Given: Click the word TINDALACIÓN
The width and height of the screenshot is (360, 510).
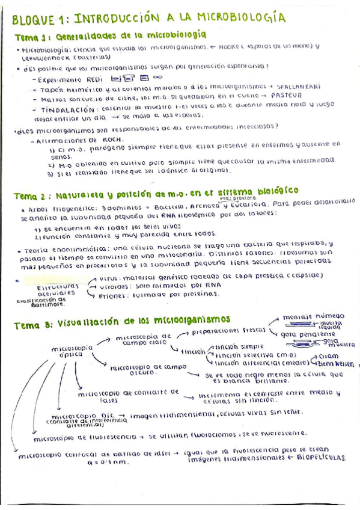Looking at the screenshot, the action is coord(65,109).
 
